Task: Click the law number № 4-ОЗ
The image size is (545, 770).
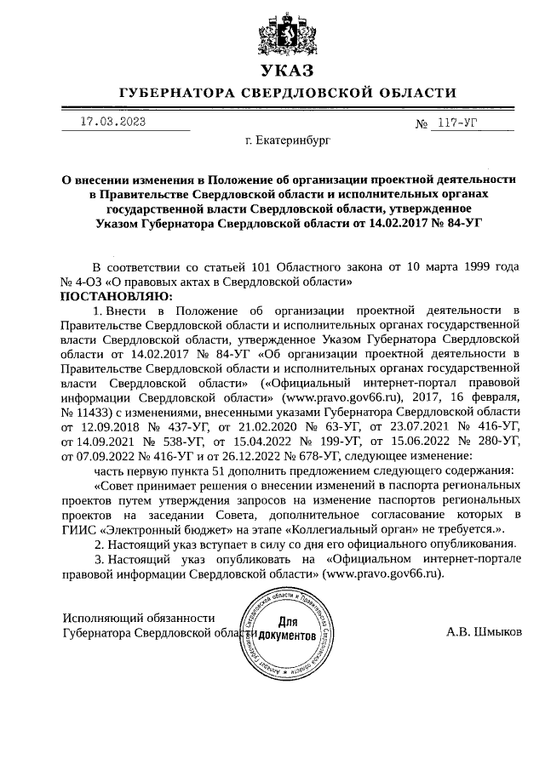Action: (83, 281)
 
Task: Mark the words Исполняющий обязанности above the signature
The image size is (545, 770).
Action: (139, 618)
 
